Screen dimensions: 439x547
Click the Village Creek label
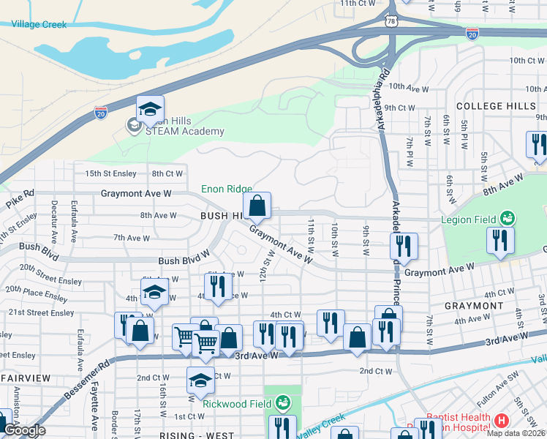pos(39,25)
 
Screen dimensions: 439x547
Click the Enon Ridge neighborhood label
pos(227,190)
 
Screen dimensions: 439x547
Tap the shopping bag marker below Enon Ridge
pos(257,207)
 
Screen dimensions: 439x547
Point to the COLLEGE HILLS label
pos(496,106)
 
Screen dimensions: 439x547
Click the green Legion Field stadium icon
pos(506,218)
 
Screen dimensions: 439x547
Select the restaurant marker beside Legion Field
pos(500,242)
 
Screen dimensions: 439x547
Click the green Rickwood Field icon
pos(283,402)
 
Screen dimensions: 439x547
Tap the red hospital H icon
pos(501,421)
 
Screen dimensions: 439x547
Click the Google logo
pos(24,430)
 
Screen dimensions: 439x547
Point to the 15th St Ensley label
pos(111,173)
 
